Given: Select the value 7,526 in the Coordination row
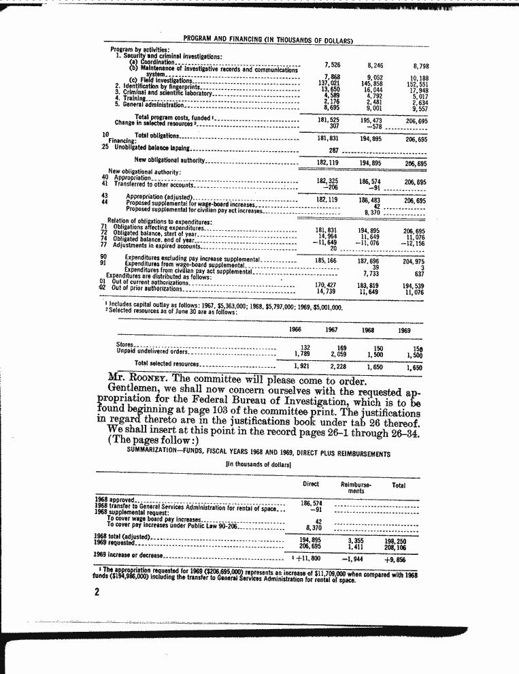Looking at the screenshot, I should [331, 64].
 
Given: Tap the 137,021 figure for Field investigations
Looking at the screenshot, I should [329, 83].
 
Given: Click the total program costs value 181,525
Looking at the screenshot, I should [329, 120].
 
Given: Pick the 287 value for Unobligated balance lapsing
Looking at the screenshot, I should [333, 150].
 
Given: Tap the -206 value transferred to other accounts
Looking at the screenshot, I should [331, 187].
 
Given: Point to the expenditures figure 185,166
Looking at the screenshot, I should [329, 261].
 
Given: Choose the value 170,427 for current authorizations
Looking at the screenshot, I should [329, 285].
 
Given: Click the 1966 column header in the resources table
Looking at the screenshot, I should [296, 330].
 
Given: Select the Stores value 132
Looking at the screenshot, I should [305, 348].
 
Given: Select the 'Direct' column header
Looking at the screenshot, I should [310, 484].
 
